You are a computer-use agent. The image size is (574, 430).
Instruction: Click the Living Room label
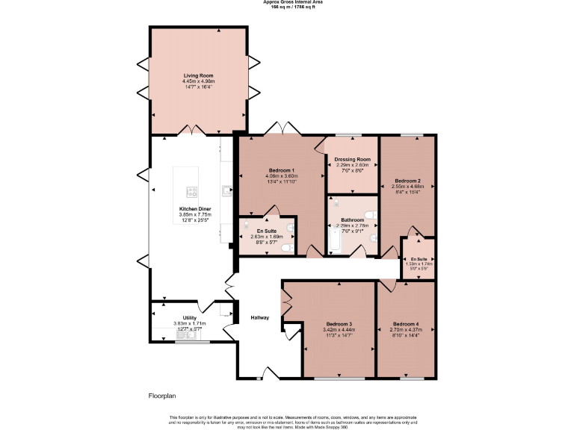pyautogui.click(x=199, y=75)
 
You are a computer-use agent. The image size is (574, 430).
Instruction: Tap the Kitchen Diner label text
pyautogui.click(x=195, y=208)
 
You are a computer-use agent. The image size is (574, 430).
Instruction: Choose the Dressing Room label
pyautogui.click(x=353, y=159)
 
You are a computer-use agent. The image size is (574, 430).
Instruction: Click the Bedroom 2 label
pyautogui.click(x=407, y=181)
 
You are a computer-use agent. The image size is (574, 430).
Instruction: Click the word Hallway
pyautogui.click(x=259, y=318)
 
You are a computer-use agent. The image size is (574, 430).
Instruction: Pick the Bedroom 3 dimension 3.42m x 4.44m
pyautogui.click(x=338, y=330)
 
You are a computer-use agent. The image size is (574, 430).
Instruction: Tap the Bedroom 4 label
pyautogui.click(x=406, y=324)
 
